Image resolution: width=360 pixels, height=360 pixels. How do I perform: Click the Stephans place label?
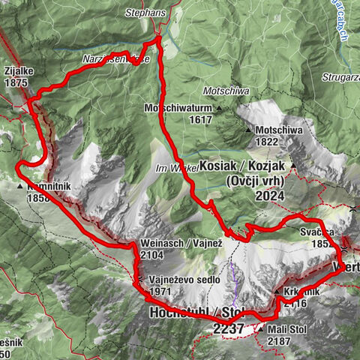[x=147, y=12]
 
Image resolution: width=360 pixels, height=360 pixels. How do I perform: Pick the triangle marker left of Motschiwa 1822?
[x=248, y=130]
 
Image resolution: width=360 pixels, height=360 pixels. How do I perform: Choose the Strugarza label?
[x=334, y=76]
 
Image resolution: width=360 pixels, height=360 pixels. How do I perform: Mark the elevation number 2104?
[x=152, y=255]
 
